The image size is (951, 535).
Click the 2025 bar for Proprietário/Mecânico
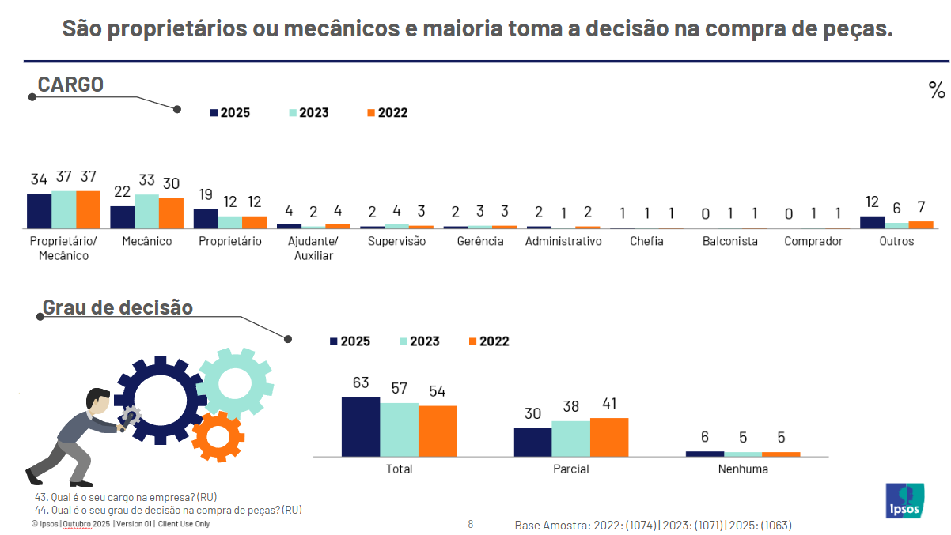[x=40, y=211]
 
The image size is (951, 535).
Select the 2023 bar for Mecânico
[x=146, y=211]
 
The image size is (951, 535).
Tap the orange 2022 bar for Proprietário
[x=254, y=222]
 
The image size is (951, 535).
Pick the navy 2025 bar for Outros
[x=872, y=222]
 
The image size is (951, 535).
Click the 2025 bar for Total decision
[x=361, y=427]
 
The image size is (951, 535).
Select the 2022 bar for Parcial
[x=609, y=437]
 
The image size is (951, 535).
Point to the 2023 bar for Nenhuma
[x=743, y=454]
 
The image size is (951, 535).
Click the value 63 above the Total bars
[x=361, y=383]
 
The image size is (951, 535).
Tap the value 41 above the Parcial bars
[x=609, y=403]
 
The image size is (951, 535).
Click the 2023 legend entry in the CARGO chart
[x=309, y=112]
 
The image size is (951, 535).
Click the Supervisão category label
[x=396, y=241]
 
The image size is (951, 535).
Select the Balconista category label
[x=729, y=241]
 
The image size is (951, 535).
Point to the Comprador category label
[x=813, y=241]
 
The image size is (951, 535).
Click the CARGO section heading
[x=70, y=85]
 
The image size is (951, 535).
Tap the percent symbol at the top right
[x=937, y=90]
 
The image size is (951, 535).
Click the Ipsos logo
[x=904, y=500]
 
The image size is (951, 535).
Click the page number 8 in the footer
[x=471, y=524]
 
